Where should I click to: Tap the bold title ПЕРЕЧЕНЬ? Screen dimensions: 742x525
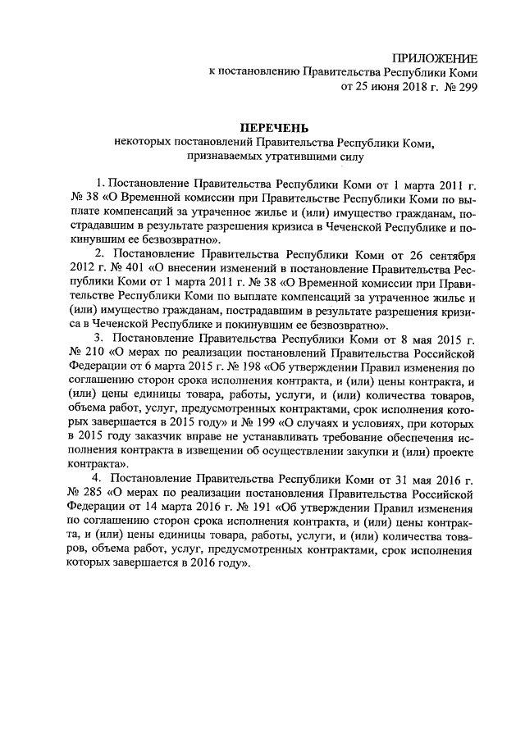[x=273, y=128]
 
